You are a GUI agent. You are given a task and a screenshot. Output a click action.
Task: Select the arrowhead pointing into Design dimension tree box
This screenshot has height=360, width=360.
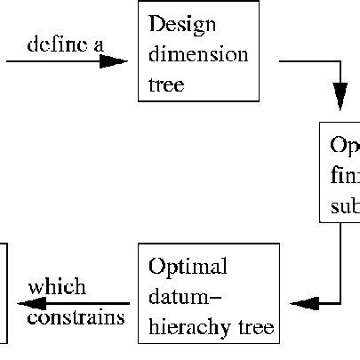click(114, 62)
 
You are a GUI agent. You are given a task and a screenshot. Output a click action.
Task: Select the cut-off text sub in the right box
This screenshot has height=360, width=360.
click(344, 207)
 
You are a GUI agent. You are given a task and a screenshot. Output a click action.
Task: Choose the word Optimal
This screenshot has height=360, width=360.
click(188, 267)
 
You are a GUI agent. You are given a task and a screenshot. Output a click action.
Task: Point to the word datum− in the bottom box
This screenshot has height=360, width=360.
click(183, 296)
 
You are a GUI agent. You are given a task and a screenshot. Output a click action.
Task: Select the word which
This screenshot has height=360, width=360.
click(57, 287)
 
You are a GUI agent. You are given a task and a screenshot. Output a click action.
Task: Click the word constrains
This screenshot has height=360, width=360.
click(76, 317)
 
